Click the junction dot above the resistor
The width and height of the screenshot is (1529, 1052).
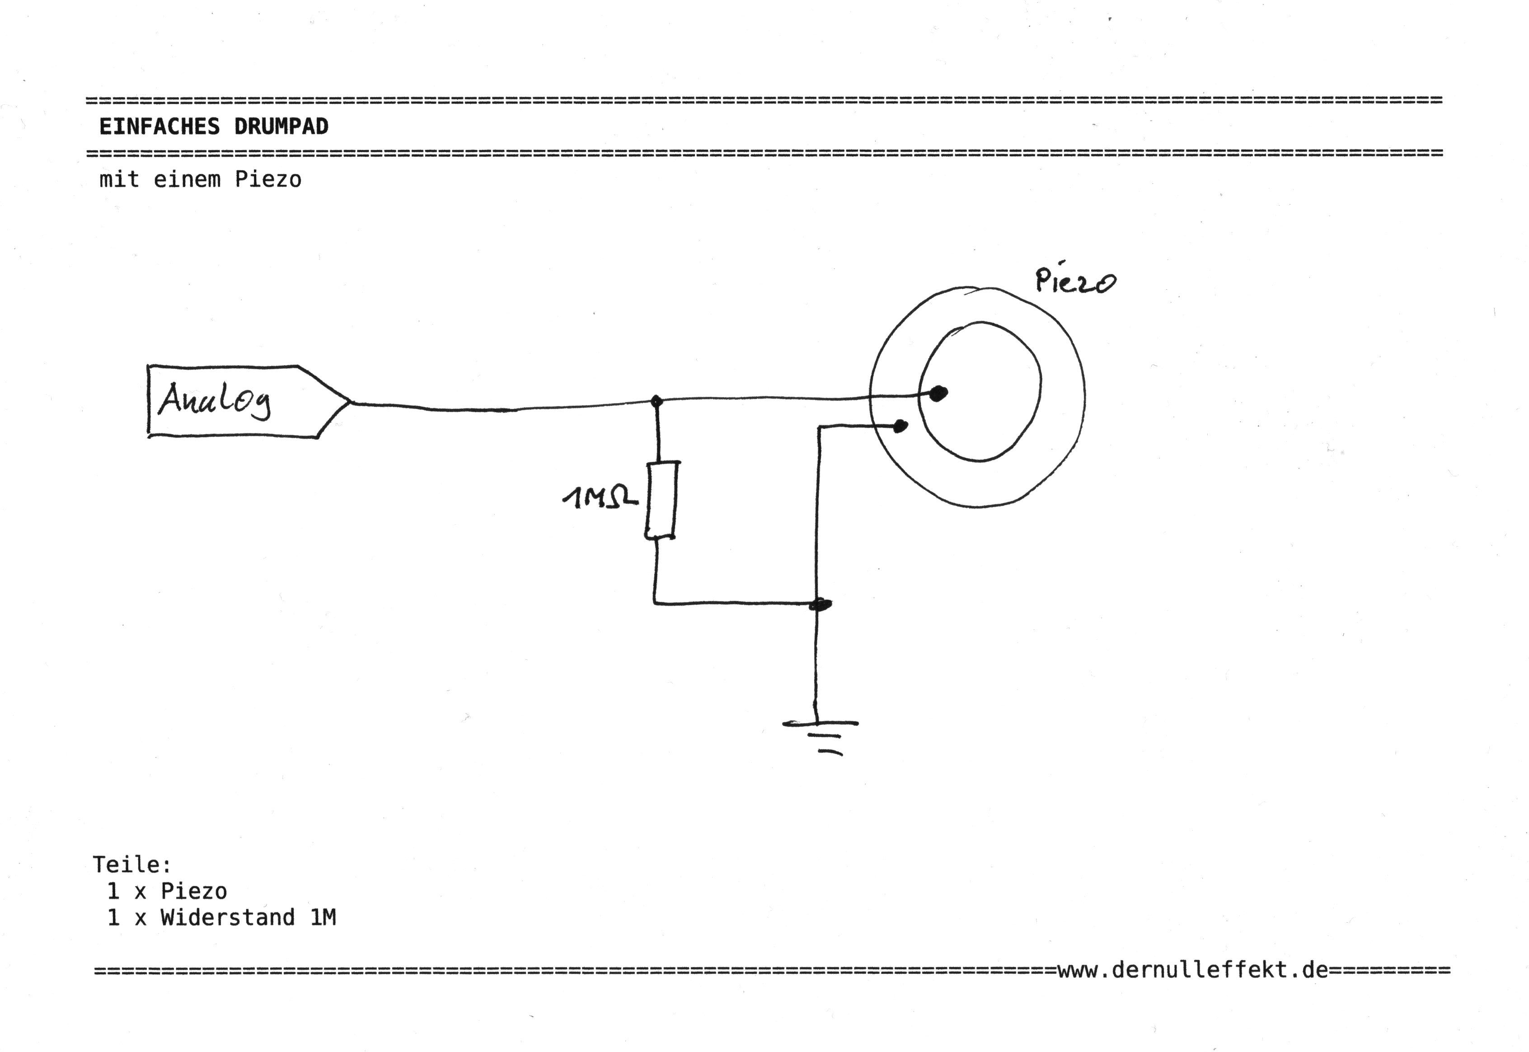[x=656, y=401]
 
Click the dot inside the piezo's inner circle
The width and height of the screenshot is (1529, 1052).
[x=938, y=394]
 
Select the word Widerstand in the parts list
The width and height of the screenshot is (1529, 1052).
[x=227, y=917]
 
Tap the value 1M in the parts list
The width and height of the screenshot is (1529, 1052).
[x=323, y=917]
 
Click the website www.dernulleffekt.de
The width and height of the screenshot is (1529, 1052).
[x=1193, y=970]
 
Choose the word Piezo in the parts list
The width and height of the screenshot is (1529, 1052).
[x=194, y=891]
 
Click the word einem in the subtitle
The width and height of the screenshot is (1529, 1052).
[x=187, y=179]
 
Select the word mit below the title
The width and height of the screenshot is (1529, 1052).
[x=119, y=179]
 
